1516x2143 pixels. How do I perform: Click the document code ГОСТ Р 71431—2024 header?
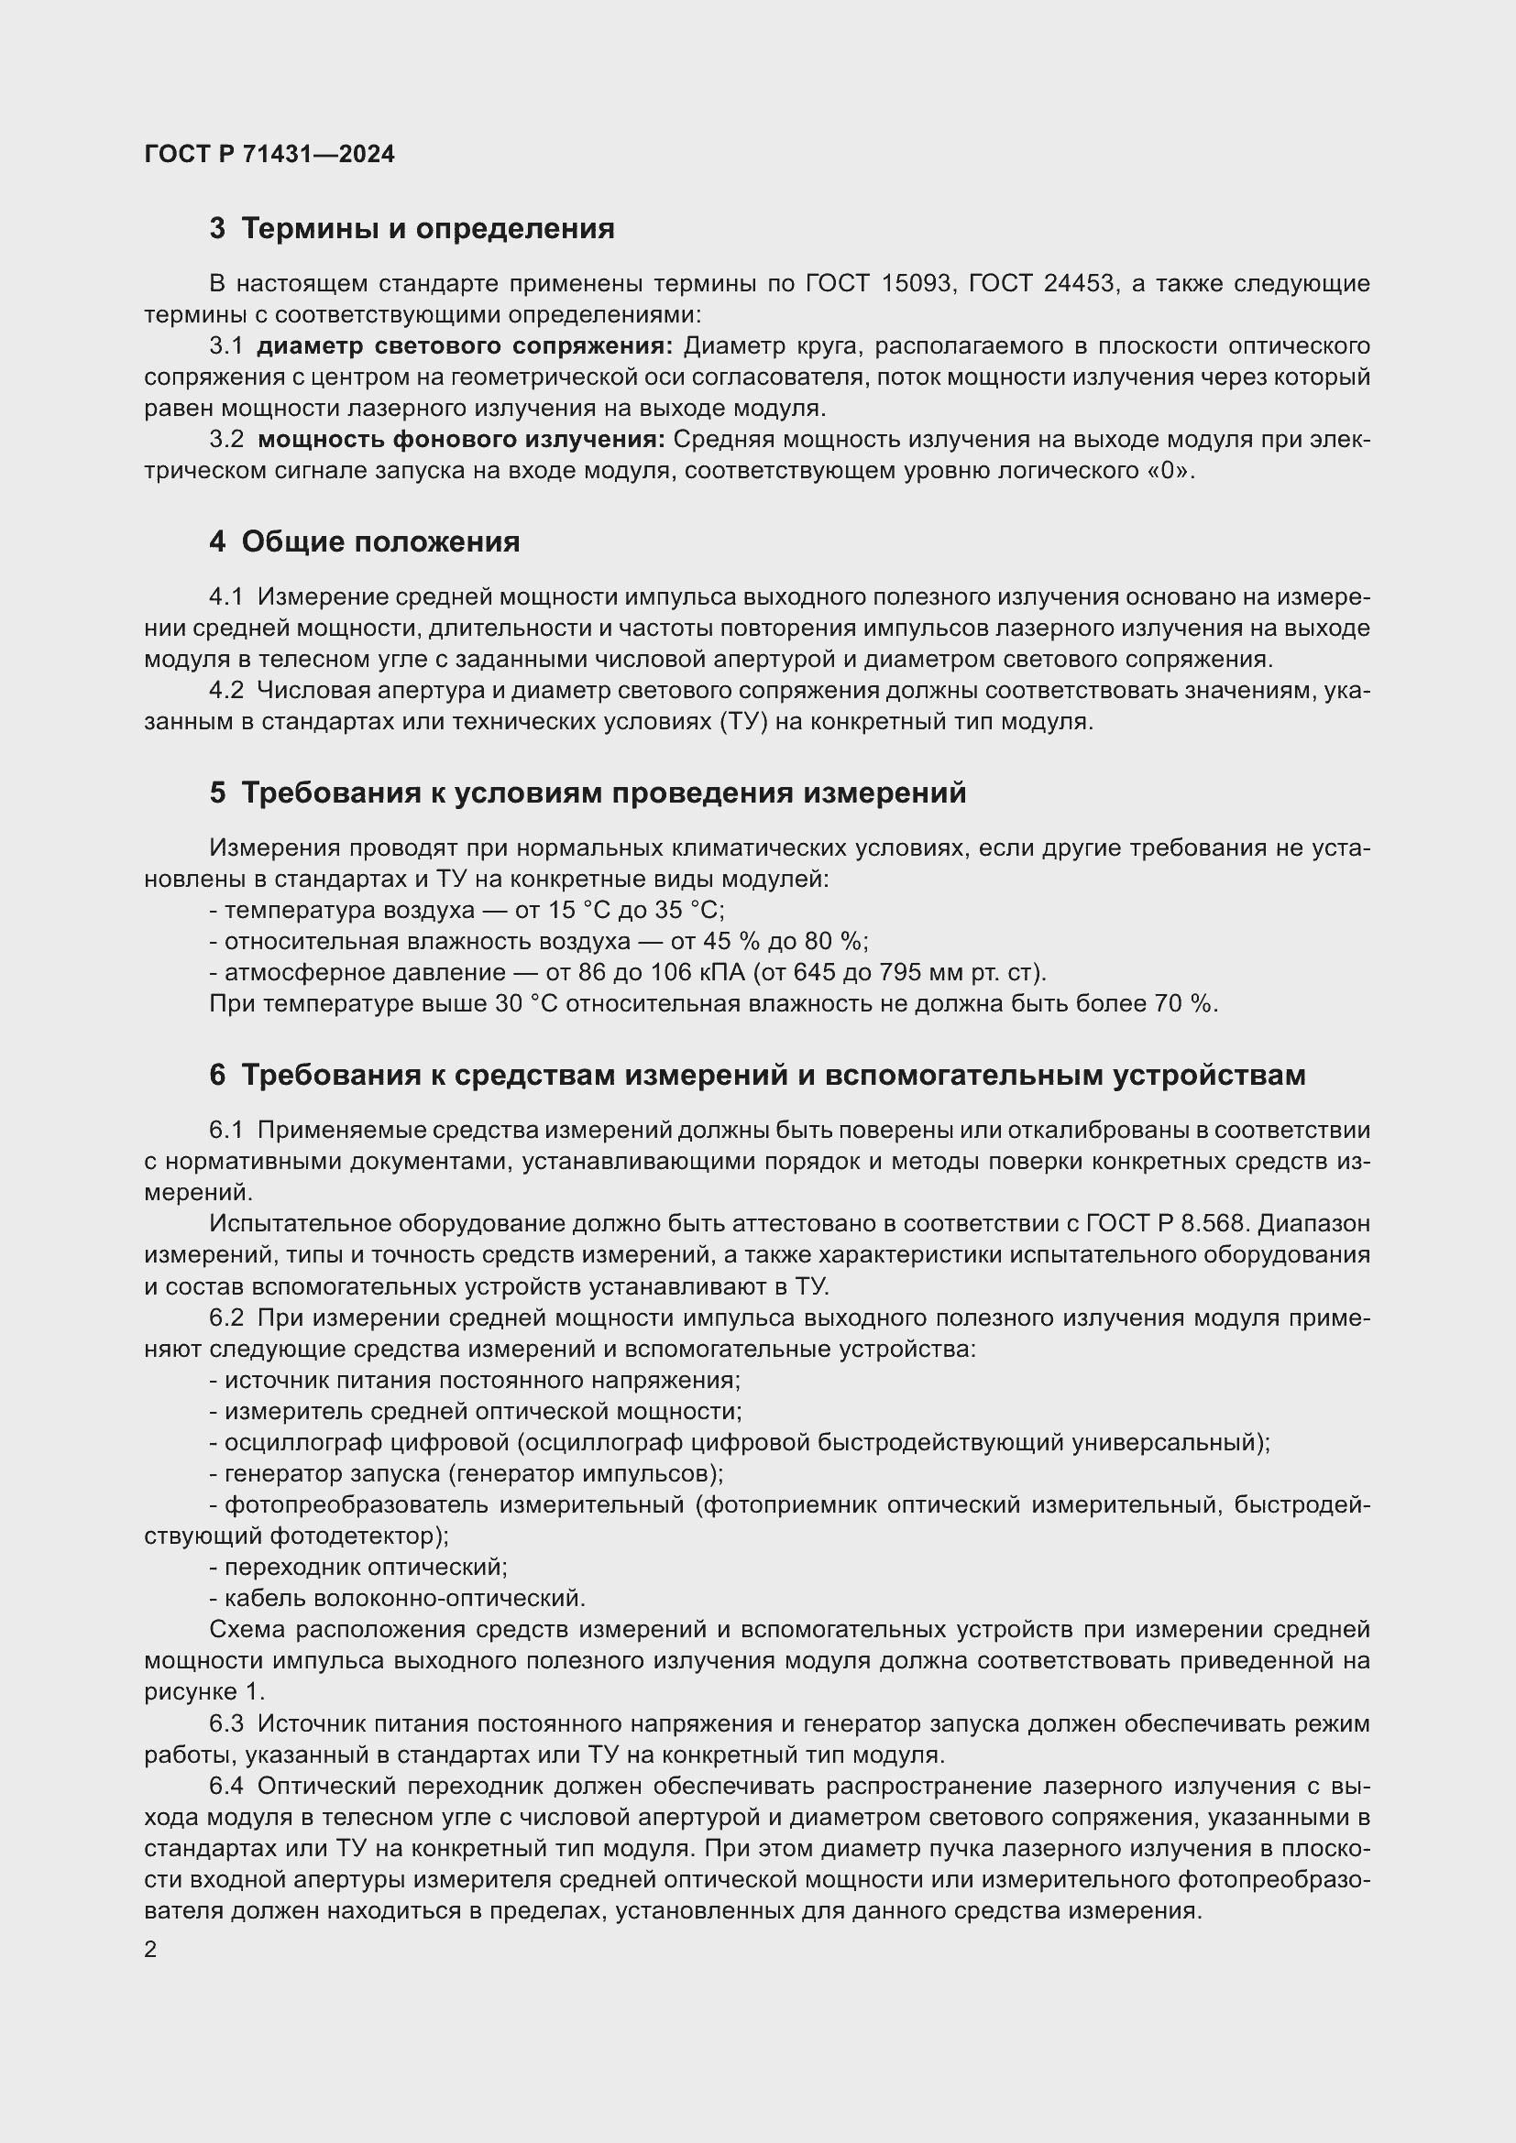coord(269,154)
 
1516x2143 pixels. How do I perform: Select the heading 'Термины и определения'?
coord(427,229)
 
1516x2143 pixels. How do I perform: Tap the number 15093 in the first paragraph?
coord(917,284)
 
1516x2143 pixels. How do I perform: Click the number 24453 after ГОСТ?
coord(1079,284)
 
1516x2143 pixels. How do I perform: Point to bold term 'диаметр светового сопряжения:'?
coord(464,346)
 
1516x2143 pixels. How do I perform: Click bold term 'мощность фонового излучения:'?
coord(461,440)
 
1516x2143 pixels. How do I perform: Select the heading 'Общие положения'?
coord(380,542)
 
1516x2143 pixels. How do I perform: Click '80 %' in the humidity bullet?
coord(836,942)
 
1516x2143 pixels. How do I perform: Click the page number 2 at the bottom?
coord(151,1950)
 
